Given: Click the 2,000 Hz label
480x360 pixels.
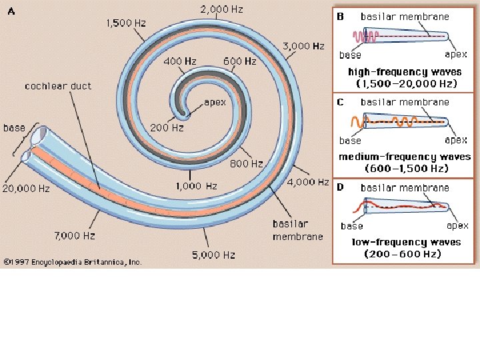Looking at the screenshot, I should coord(221,9).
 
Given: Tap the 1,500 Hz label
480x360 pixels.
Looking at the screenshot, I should coord(126,23).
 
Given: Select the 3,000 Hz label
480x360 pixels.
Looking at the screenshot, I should coord(303,46).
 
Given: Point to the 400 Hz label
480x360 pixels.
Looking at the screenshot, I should coord(180,61).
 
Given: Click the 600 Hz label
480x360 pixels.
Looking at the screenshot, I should coord(240,61).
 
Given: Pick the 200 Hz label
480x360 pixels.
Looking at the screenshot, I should coord(167,127).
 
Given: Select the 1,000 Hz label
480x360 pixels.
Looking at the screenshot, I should coord(196,186).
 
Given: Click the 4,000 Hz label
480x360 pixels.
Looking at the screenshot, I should coord(308,182).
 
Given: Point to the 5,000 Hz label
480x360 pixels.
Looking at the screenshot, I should coord(215,255).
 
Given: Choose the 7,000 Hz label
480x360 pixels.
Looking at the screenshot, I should coord(75,235).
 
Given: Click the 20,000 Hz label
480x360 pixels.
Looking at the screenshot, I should coord(26,189).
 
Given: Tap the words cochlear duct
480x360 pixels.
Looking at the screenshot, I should coord(58,86).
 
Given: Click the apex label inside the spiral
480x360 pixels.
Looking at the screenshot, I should coord(215,102).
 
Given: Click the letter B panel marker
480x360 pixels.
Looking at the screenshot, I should coord(340,16).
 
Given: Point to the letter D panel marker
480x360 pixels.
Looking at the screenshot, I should coord(340,187).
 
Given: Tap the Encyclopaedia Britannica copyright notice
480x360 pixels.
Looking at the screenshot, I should coord(73,262).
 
